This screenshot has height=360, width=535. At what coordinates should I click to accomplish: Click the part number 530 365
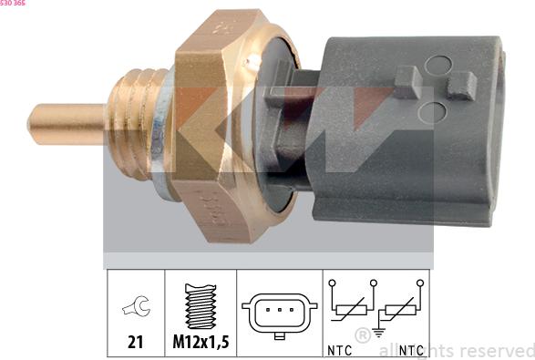pyautogui.click(x=14, y=4)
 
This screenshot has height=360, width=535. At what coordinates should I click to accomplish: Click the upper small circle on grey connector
pyautogui.click(x=438, y=65)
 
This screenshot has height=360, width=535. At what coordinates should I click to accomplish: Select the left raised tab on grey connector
pyautogui.click(x=406, y=80)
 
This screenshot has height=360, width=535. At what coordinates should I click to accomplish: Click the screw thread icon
pyautogui.click(x=201, y=306)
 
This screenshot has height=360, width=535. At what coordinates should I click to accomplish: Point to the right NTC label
pyautogui.click(x=412, y=349)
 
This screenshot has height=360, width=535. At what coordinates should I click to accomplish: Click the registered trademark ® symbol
pyautogui.click(x=362, y=334)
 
